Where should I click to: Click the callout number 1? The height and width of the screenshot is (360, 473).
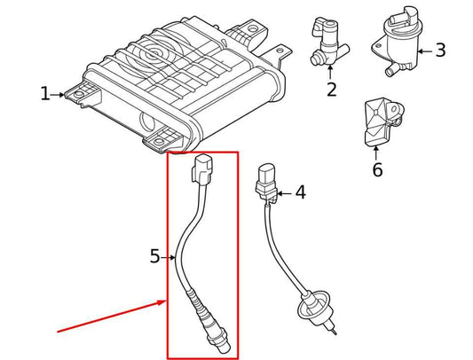click(x=45, y=94)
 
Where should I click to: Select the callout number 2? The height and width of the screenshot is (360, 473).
click(x=331, y=89)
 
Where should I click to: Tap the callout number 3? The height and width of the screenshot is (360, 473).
click(x=464, y=51)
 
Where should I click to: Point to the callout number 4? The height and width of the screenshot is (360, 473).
click(x=300, y=192)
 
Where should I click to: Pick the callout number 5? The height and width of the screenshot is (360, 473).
click(x=179, y=257)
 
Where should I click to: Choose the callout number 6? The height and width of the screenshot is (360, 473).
click(x=377, y=170)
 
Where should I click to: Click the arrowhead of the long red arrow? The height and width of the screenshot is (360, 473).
click(x=163, y=302)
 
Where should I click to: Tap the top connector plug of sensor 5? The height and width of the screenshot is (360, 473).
click(x=203, y=169)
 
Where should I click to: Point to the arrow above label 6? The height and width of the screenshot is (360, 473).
click(x=377, y=152)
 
